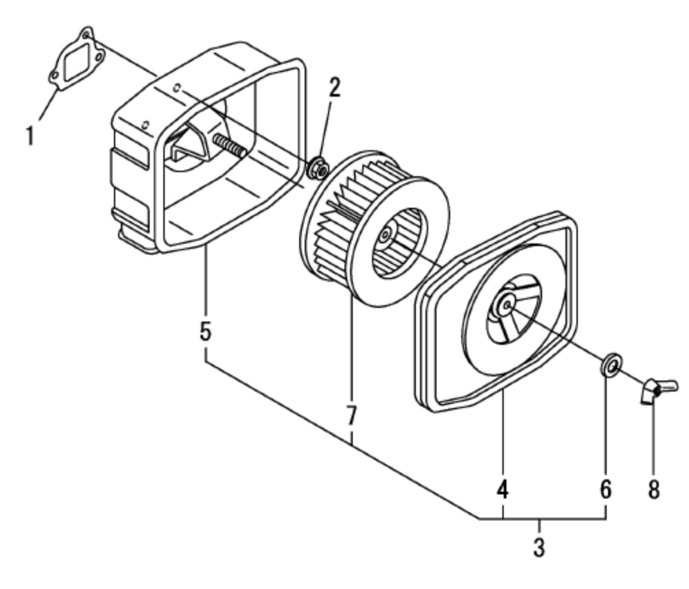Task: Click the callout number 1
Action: pyautogui.click(x=30, y=135)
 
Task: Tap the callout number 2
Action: pyautogui.click(x=334, y=87)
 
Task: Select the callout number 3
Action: pyautogui.click(x=539, y=549)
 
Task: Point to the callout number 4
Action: pyautogui.click(x=503, y=490)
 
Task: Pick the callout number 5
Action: pyautogui.click(x=205, y=331)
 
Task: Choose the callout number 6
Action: pyautogui.click(x=605, y=490)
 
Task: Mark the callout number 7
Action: pyautogui.click(x=351, y=415)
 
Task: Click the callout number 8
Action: pyautogui.click(x=653, y=490)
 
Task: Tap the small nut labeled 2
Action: pyautogui.click(x=318, y=167)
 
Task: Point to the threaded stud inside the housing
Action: pyautogui.click(x=229, y=145)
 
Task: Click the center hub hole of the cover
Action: pyautogui.click(x=506, y=304)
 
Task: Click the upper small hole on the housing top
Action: pyautogui.click(x=178, y=88)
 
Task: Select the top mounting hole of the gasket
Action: pyautogui.click(x=86, y=33)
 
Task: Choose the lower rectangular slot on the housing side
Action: pyautogui.click(x=130, y=213)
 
